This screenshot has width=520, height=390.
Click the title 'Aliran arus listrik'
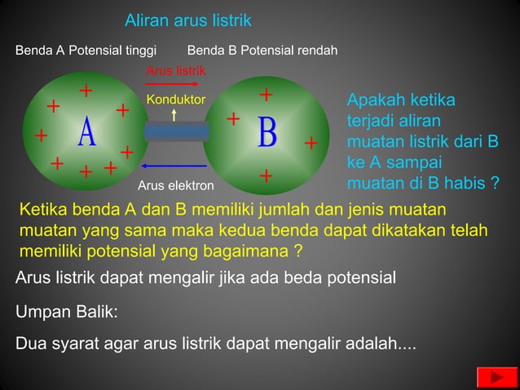(x=188, y=20)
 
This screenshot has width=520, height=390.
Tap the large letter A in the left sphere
(x=87, y=134)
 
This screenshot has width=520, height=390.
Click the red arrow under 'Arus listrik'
(x=171, y=85)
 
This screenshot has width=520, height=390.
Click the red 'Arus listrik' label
(x=175, y=71)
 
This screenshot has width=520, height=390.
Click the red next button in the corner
(x=491, y=377)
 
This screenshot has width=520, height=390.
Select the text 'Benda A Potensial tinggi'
(x=86, y=51)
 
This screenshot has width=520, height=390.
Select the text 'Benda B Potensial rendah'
(x=262, y=51)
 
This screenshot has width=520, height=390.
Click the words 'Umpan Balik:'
(x=67, y=312)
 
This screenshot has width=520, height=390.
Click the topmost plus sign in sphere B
(x=266, y=95)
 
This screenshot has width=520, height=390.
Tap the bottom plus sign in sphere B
(x=266, y=175)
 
